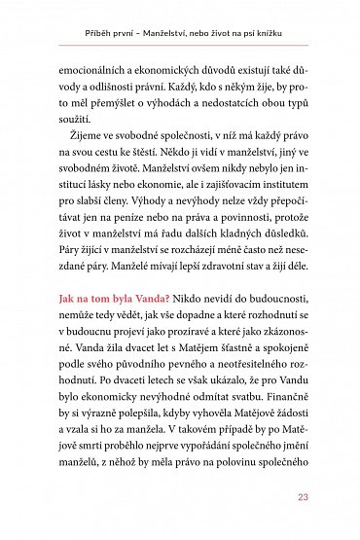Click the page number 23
[303, 499]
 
